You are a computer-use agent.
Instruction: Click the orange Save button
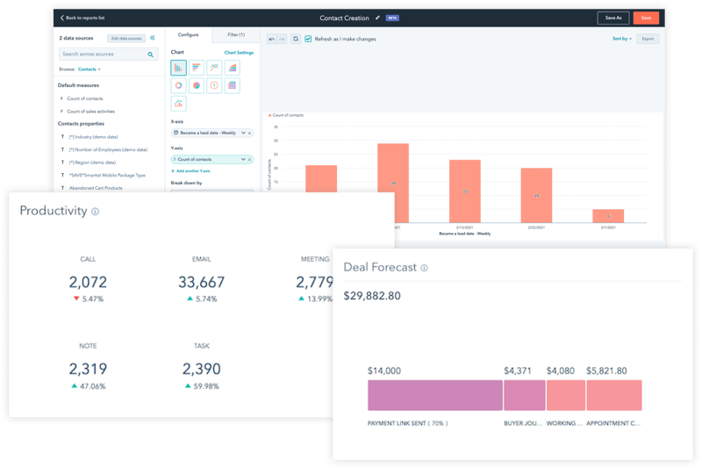pos(646,18)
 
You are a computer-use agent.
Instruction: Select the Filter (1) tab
pos(235,35)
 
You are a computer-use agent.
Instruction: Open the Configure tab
pos(189,35)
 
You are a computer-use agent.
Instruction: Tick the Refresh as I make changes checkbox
pos(308,39)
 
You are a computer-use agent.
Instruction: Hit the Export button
pos(648,39)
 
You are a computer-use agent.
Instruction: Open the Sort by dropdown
pos(620,39)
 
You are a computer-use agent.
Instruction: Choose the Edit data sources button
pos(125,39)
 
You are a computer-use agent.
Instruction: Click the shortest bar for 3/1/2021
pos(607,216)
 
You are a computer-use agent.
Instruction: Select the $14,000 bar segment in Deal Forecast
pos(434,395)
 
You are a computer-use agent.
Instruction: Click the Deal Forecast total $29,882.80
pos(372,296)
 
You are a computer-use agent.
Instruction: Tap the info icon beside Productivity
pos(96,212)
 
